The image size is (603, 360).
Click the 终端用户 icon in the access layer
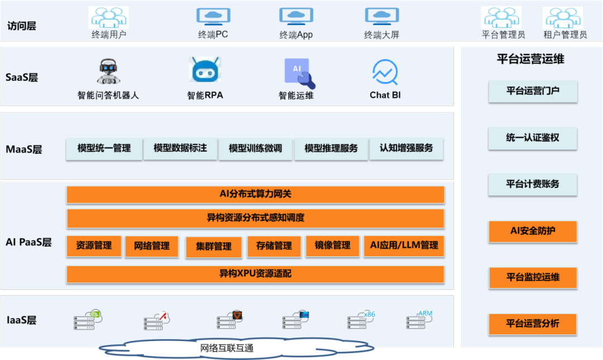[108, 17]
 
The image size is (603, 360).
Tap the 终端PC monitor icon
[213, 17]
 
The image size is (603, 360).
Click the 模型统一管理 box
[104, 148]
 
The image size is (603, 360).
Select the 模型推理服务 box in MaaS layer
[331, 148]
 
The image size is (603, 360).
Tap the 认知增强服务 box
[406, 148]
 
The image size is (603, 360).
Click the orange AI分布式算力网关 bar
[255, 194]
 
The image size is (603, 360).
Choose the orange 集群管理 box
[214, 247]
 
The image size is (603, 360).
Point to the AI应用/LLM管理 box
[404, 246]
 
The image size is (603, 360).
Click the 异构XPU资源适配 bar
[255, 274]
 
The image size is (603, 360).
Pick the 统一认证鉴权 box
[533, 137]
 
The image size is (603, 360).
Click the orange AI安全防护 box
[533, 231]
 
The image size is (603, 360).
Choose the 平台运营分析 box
[533, 323]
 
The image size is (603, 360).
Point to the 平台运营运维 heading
[530, 59]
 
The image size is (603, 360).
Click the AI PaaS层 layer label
[28, 242]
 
